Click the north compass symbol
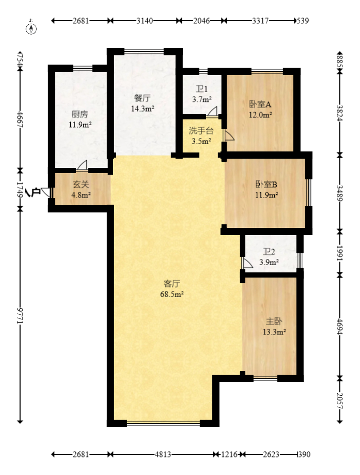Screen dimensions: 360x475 pyautogui.click(x=31, y=27)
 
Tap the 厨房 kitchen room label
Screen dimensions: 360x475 pyautogui.click(x=80, y=114)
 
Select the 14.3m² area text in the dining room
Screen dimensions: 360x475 pyautogui.click(x=143, y=109)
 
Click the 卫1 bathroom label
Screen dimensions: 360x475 pyautogui.click(x=201, y=89)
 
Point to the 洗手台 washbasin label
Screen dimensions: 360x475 pyautogui.click(x=201, y=131)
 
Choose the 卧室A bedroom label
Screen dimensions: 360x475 pyautogui.click(x=260, y=104)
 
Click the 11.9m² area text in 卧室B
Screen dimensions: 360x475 pyautogui.click(x=267, y=195)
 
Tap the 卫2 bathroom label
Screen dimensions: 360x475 pyautogui.click(x=269, y=252)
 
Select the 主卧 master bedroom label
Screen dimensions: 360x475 pyautogui.click(x=274, y=321)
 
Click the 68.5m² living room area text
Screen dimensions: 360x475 pyautogui.click(x=172, y=294)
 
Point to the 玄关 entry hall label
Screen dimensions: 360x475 pyautogui.click(x=81, y=184)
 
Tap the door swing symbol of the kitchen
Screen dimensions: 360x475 pyautogui.click(x=82, y=165)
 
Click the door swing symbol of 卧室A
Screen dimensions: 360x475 pyautogui.click(x=229, y=135)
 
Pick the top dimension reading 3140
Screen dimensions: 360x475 pyautogui.click(x=145, y=21)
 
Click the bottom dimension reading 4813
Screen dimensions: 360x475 pyautogui.click(x=163, y=454)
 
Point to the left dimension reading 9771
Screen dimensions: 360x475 pyautogui.click(x=20, y=316)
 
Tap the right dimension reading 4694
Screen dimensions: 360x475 pyautogui.click(x=340, y=326)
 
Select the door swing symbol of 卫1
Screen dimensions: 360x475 pyautogui.click(x=212, y=111)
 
